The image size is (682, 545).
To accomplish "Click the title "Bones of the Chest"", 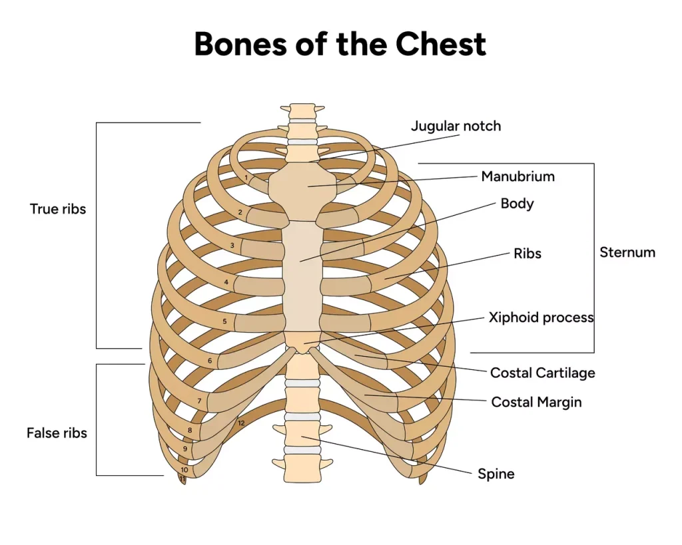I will pyautogui.click(x=340, y=44).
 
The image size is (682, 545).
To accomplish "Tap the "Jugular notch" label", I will pyautogui.click(x=456, y=126).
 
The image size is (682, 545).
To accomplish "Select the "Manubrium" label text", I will pyautogui.click(x=517, y=176).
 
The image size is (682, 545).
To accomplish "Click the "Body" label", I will pyautogui.click(x=517, y=203).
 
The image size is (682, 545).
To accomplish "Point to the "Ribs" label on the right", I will pyautogui.click(x=527, y=254).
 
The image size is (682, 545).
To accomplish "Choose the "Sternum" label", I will pyautogui.click(x=627, y=252).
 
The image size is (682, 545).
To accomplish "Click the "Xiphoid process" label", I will pyautogui.click(x=541, y=317).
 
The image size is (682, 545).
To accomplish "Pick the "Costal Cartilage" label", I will pyautogui.click(x=542, y=373).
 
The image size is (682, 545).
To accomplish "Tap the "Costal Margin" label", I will pyautogui.click(x=536, y=402).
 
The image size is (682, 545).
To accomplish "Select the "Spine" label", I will pyautogui.click(x=496, y=474).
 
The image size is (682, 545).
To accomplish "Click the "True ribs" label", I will pyautogui.click(x=58, y=209).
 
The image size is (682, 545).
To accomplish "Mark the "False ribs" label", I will pyautogui.click(x=57, y=433).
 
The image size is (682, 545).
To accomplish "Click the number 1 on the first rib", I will pyautogui.click(x=246, y=178).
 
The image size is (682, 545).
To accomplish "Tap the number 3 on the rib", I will pyautogui.click(x=232, y=246).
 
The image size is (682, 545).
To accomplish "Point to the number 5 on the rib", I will pyautogui.click(x=224, y=321).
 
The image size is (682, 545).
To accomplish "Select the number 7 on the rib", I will pyautogui.click(x=199, y=401).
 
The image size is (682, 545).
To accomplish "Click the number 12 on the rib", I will pyautogui.click(x=241, y=423).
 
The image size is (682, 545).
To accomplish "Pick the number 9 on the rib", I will pyautogui.click(x=185, y=449).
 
